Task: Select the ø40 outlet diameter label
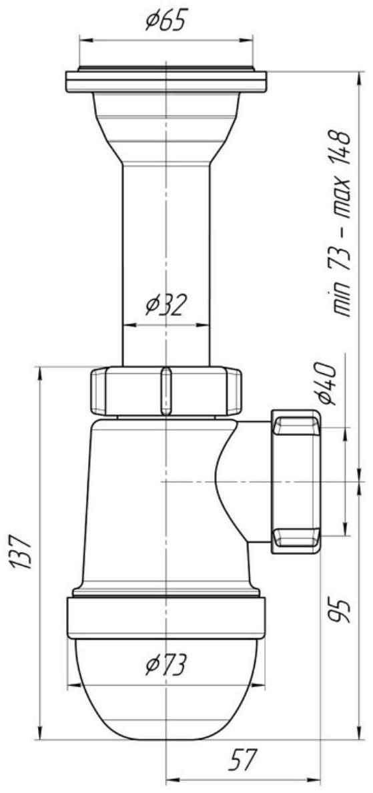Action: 328,384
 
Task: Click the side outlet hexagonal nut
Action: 296,481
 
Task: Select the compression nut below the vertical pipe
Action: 165,391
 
